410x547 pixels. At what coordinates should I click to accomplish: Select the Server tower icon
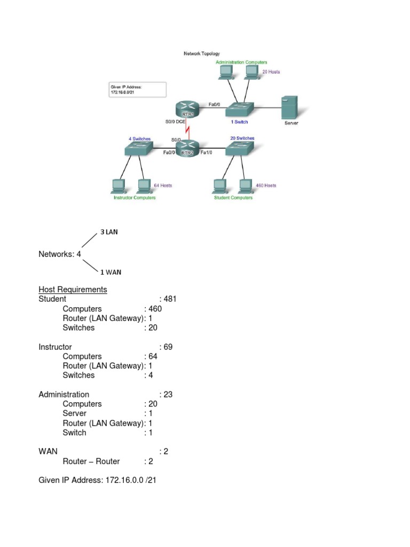click(x=290, y=108)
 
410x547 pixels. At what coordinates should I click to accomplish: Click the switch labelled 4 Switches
click(x=139, y=149)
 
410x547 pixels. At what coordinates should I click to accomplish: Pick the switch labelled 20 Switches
click(x=239, y=149)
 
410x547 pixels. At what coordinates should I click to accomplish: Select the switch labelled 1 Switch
click(x=238, y=110)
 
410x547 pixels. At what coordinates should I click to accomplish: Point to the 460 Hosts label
click(x=266, y=185)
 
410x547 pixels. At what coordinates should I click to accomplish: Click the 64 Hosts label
click(x=163, y=185)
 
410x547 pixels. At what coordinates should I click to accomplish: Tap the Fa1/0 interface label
click(x=207, y=153)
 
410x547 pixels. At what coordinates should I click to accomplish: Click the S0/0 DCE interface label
click(x=176, y=122)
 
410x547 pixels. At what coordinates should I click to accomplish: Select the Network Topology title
click(x=202, y=54)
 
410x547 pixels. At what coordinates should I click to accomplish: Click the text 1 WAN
click(x=111, y=272)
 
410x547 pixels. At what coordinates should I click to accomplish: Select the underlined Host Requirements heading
click(x=73, y=290)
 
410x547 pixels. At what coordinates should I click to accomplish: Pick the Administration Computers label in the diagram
click(x=241, y=62)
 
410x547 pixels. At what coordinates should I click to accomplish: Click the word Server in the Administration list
click(x=74, y=413)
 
